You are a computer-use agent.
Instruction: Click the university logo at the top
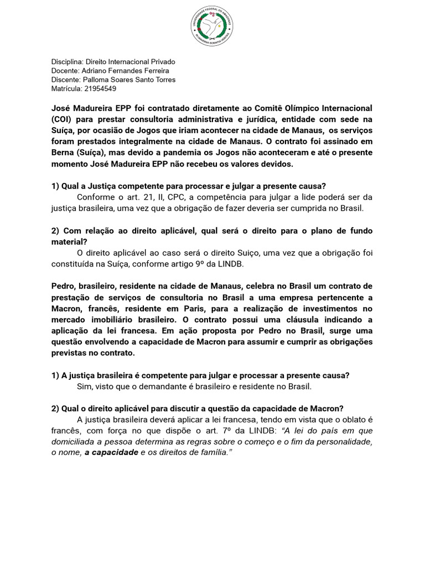click(x=212, y=27)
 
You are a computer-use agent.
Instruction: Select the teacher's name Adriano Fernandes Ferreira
click(x=125, y=71)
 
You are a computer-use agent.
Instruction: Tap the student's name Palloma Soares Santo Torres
click(x=128, y=80)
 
